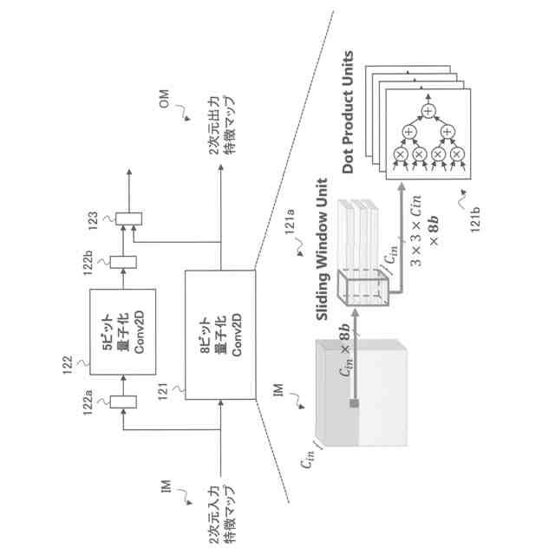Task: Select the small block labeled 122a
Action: click(x=123, y=402)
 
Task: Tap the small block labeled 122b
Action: click(x=124, y=259)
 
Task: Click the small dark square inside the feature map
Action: click(x=356, y=405)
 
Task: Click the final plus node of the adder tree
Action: click(x=427, y=109)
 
